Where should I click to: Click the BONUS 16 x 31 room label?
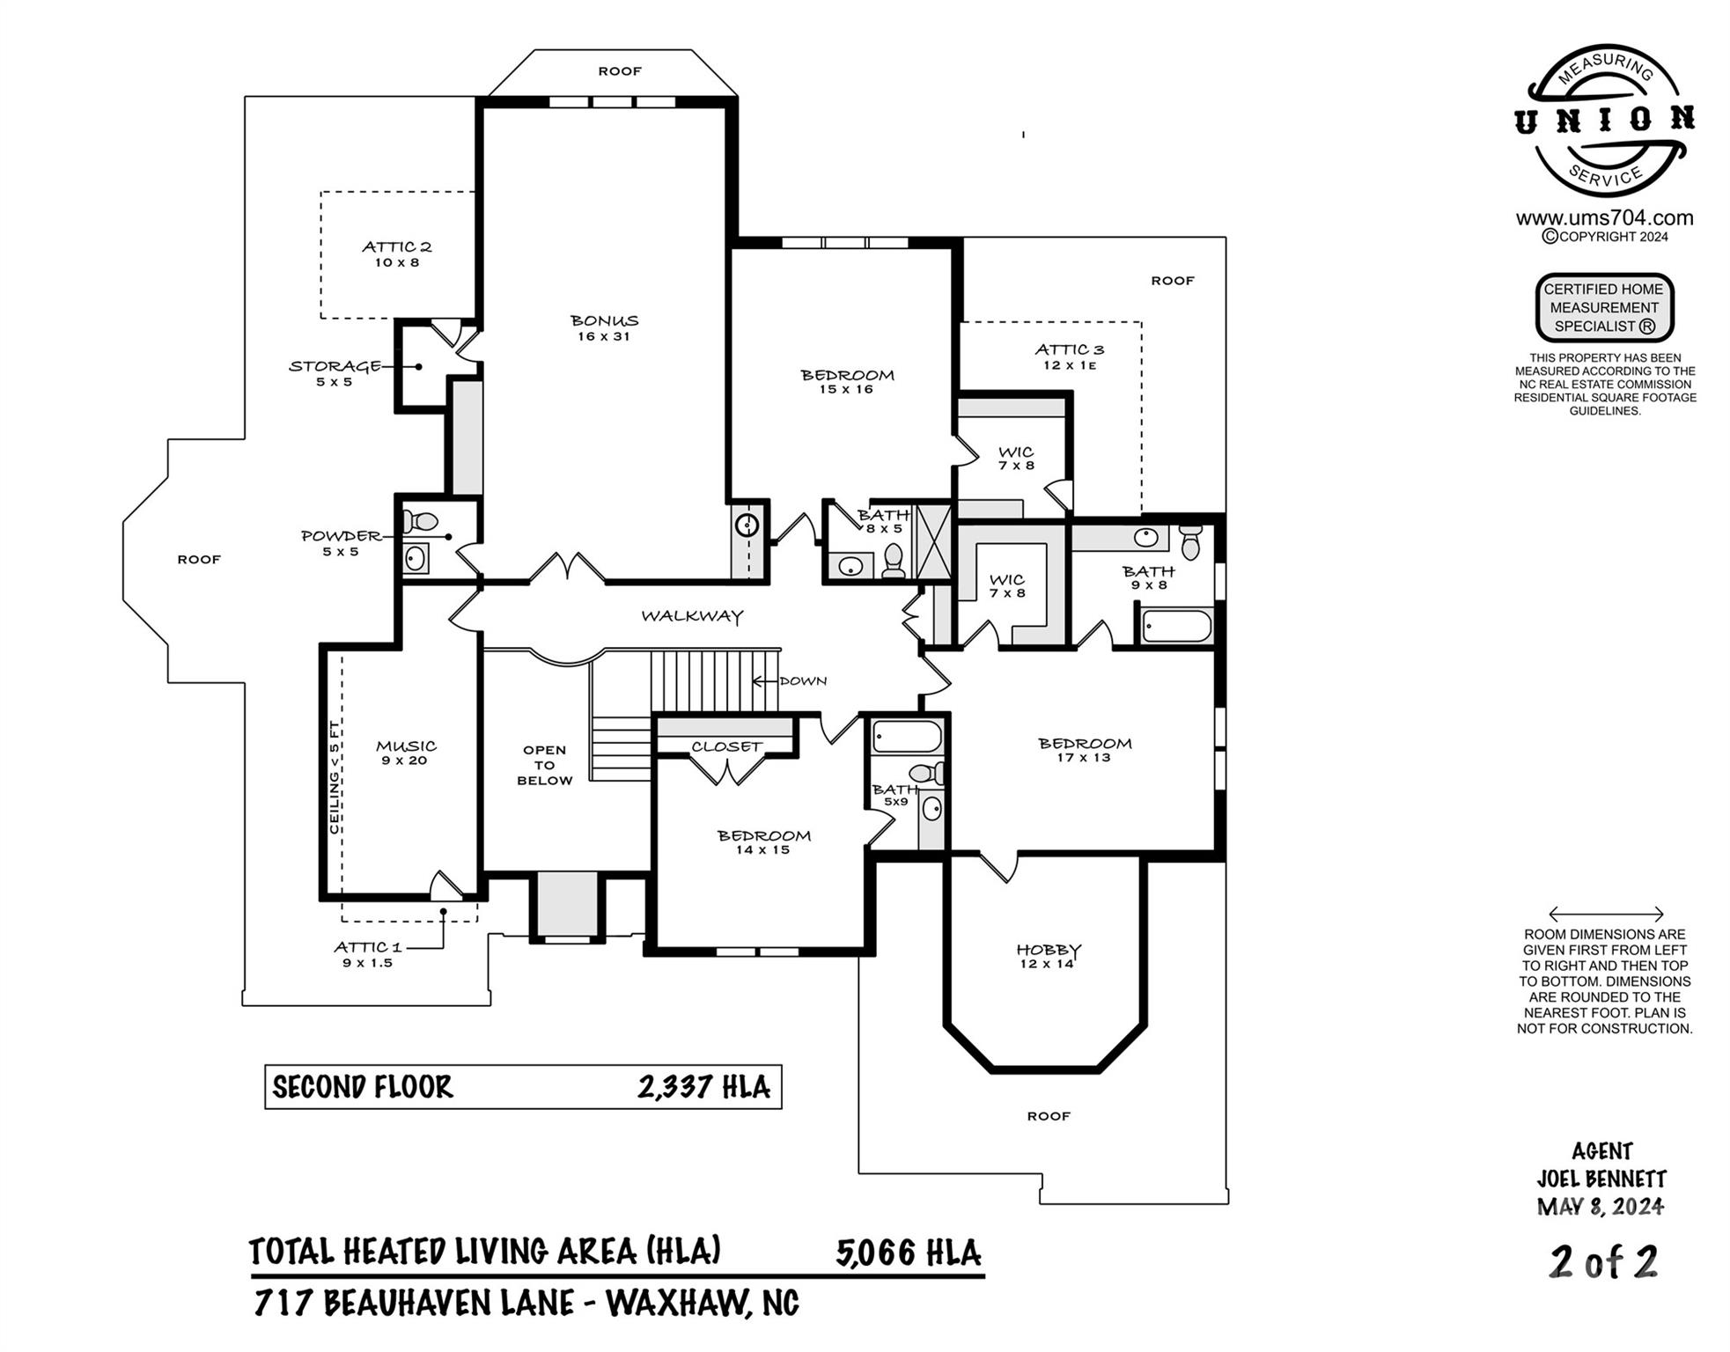(x=603, y=327)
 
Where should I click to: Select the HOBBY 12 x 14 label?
(x=1048, y=956)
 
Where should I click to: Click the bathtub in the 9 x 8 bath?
(x=1176, y=627)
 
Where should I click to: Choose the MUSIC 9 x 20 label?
(x=405, y=753)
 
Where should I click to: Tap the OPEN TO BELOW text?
(x=544, y=765)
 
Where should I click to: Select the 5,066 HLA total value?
(x=908, y=1253)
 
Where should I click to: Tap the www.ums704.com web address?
(x=1604, y=217)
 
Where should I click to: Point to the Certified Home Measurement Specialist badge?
(x=1603, y=307)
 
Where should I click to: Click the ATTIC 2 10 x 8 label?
(x=396, y=253)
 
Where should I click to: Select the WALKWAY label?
(x=692, y=616)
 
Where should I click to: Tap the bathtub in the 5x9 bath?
(x=907, y=737)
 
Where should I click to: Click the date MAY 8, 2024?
(x=1600, y=1206)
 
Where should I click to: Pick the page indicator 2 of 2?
(x=1603, y=1262)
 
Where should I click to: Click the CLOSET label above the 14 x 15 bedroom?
(x=725, y=746)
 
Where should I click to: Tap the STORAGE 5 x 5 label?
(x=335, y=372)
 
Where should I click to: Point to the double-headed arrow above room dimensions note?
(x=1605, y=914)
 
